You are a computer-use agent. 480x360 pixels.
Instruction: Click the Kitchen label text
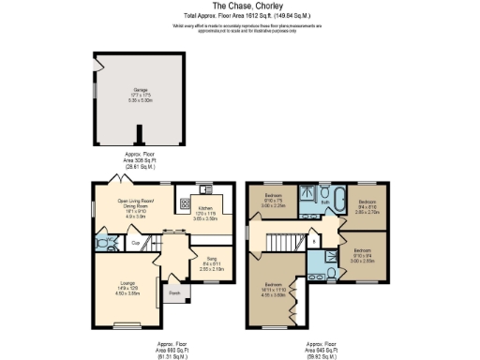[205, 211]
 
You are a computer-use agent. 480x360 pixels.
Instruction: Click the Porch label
[174, 293]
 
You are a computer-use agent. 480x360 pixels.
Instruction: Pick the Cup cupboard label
[136, 244]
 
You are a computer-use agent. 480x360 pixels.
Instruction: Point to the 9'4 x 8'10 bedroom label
[367, 205]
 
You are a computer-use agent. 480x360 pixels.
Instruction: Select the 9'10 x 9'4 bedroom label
[362, 254]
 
